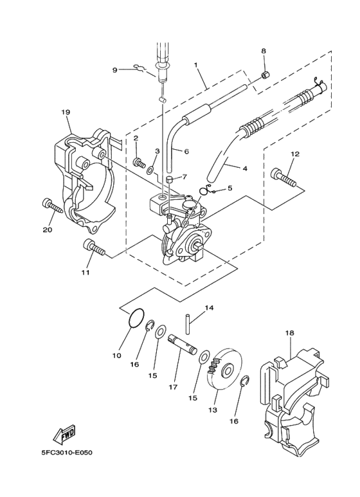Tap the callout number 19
pos(66,113)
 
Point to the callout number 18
pos(289,332)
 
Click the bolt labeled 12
pos(284,176)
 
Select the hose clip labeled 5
pos(205,190)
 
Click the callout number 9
pos(115,69)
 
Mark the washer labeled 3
pos(150,171)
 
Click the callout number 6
pos(186,152)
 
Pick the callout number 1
pos(196,66)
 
